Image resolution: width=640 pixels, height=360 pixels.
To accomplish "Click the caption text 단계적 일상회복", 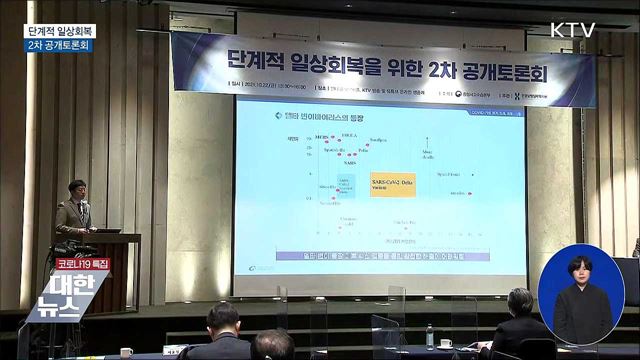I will click(60, 30).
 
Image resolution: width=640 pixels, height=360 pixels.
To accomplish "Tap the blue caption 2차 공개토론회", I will click(60, 45).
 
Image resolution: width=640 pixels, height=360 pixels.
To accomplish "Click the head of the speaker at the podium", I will click(77, 188).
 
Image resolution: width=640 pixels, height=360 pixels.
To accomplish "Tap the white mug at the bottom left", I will click(127, 352).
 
